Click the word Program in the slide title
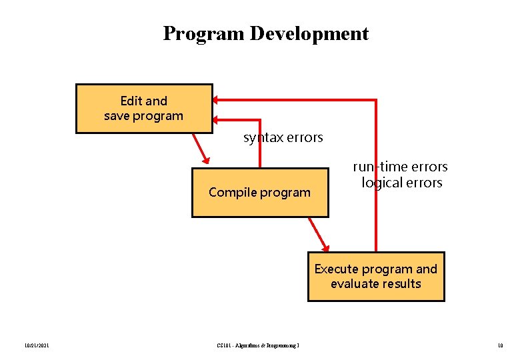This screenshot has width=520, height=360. click(x=204, y=33)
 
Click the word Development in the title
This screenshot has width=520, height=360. click(x=309, y=33)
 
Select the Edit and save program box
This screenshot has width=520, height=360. click(x=144, y=109)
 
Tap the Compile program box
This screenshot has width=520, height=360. click(x=260, y=193)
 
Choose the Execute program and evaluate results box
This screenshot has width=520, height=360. click(x=376, y=277)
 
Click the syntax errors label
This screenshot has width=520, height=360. click(x=283, y=138)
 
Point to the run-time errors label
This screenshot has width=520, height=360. click(x=400, y=167)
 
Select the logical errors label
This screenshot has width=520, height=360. click(x=402, y=183)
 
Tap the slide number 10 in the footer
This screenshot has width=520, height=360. click(x=500, y=345)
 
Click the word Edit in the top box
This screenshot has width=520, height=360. click(x=131, y=101)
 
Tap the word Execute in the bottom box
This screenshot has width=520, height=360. click(x=337, y=269)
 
